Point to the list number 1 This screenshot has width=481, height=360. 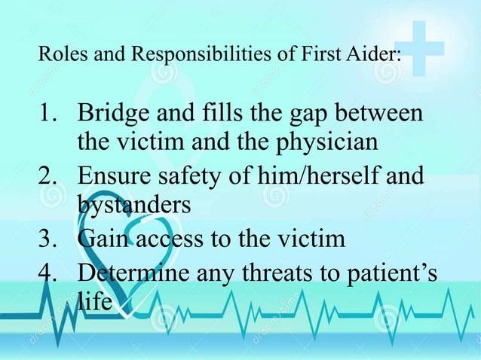click(x=47, y=117)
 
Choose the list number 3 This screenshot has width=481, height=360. click(x=47, y=240)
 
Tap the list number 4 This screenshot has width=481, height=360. click(x=47, y=271)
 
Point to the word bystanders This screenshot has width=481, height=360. click(x=133, y=204)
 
